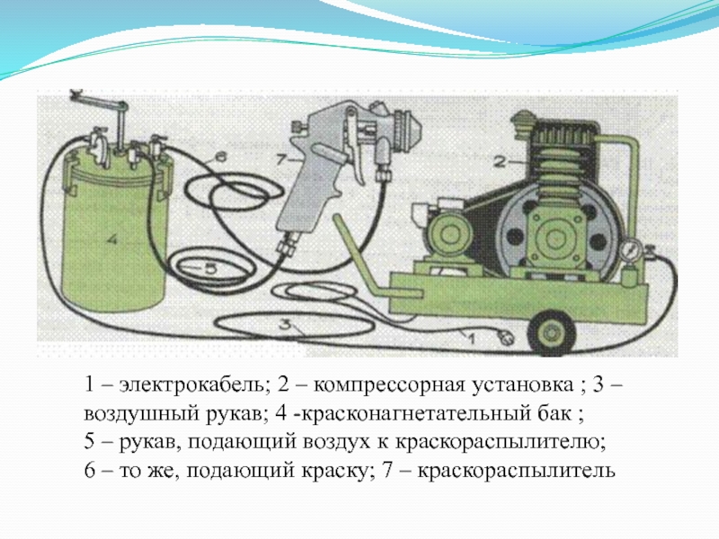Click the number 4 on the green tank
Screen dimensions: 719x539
[x=113, y=239]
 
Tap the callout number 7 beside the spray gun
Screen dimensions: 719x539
[x=282, y=161]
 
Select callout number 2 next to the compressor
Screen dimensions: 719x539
[x=500, y=162]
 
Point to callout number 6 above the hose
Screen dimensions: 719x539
[x=220, y=157]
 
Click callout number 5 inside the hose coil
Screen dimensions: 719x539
[x=210, y=269]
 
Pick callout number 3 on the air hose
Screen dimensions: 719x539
[x=285, y=324]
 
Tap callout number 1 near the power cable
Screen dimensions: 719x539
[x=470, y=339]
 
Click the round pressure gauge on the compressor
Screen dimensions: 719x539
[x=628, y=252]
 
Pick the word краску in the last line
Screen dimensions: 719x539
[x=334, y=471]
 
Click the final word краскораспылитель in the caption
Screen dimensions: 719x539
[x=516, y=471]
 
